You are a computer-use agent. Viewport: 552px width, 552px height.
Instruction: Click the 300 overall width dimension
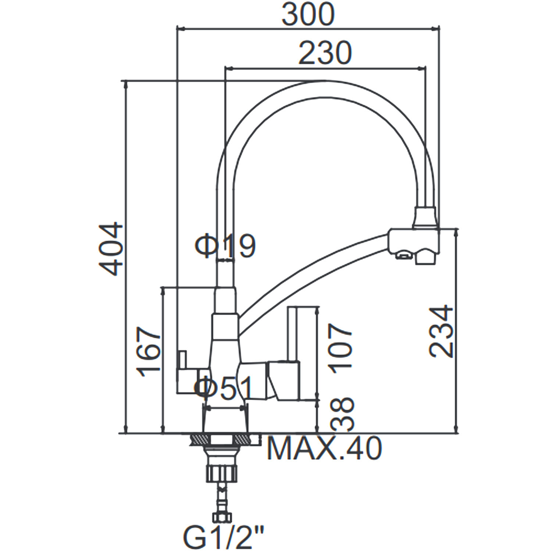coord(308,14)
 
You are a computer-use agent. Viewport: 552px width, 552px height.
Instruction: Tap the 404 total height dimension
coord(111,249)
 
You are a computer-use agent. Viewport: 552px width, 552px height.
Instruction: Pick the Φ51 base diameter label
coord(224,388)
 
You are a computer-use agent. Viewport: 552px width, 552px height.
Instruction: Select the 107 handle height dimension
coord(341,348)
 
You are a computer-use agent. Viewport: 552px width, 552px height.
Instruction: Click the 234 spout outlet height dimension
coord(442,331)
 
